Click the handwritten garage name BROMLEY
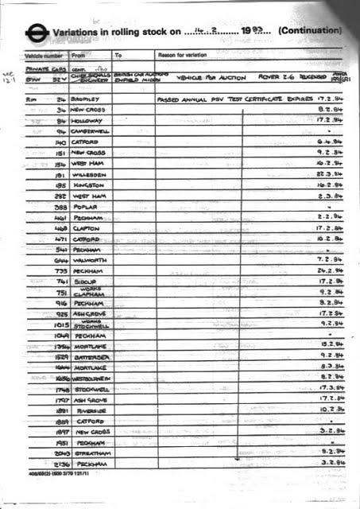pos(85,99)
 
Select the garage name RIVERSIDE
pos(87,410)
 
